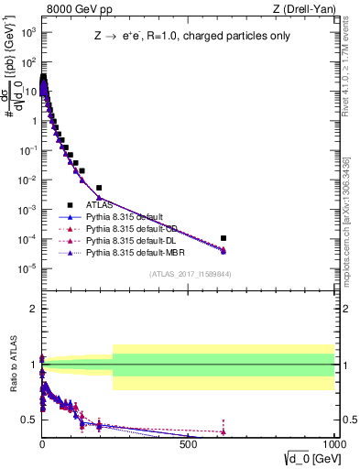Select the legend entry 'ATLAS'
click(x=98, y=205)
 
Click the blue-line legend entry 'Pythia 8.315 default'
click(x=124, y=217)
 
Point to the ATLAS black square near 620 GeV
click(x=224, y=238)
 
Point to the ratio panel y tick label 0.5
click(x=28, y=420)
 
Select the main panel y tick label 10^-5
click(x=27, y=268)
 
